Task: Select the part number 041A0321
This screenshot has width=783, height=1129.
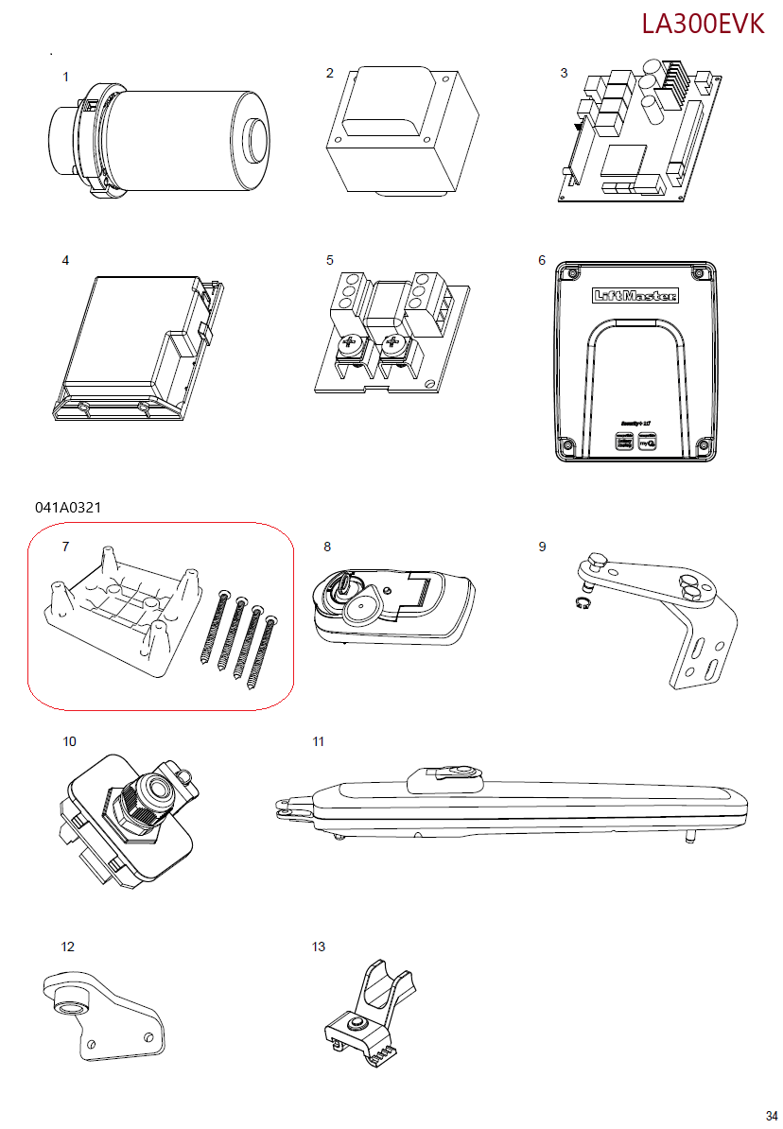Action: pyautogui.click(x=68, y=508)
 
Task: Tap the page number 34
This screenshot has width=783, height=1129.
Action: pyautogui.click(x=772, y=1115)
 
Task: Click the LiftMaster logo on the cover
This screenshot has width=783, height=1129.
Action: pyautogui.click(x=635, y=296)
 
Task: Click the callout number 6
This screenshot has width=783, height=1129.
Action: pyautogui.click(x=542, y=260)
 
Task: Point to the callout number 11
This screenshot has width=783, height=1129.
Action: pyautogui.click(x=319, y=742)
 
